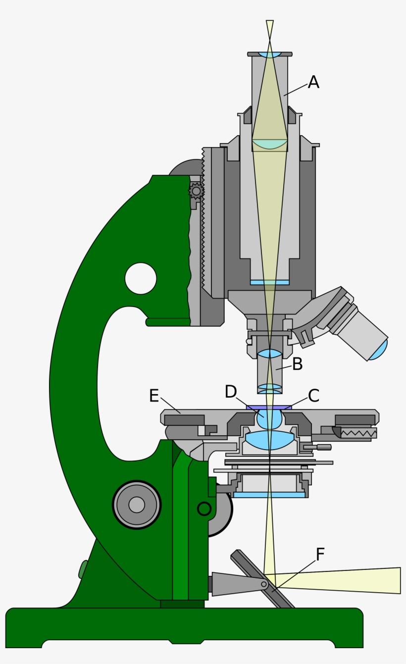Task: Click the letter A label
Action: tap(313, 82)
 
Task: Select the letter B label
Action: tap(297, 364)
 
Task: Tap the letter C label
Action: tap(313, 396)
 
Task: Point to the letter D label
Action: tap(231, 392)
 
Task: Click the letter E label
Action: tap(154, 396)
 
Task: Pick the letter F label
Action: tap(320, 555)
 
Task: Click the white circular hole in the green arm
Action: tap(141, 278)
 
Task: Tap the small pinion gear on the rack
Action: tap(196, 191)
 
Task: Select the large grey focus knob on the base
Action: tap(137, 505)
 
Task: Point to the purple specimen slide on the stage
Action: tap(269, 407)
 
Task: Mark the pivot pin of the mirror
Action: tap(264, 585)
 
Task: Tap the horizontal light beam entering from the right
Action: tap(347, 580)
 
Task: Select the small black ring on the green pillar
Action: tap(204, 509)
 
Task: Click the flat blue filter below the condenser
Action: tap(269, 495)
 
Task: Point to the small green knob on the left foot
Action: tap(83, 569)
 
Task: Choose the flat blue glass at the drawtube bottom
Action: tap(269, 282)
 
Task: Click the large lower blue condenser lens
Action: tap(269, 440)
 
